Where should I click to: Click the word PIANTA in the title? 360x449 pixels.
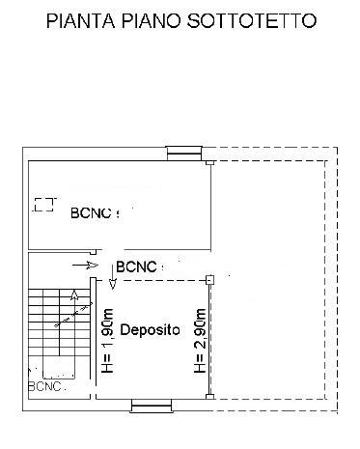click(x=80, y=20)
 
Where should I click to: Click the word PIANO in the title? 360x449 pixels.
click(x=151, y=20)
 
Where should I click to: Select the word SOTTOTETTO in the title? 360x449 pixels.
click(x=252, y=20)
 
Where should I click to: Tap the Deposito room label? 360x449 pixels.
click(x=150, y=330)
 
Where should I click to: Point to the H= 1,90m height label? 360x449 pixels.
click(x=108, y=341)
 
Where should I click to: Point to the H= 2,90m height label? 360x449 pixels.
click(x=200, y=341)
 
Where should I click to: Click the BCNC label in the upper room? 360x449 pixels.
click(x=91, y=213)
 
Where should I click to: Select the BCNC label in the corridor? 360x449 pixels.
click(x=136, y=267)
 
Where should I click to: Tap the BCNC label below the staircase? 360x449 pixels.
click(x=44, y=386)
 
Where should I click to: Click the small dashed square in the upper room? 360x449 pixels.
click(x=44, y=205)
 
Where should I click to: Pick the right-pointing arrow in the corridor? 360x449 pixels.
click(x=85, y=266)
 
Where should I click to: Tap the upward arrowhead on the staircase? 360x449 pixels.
click(x=74, y=295)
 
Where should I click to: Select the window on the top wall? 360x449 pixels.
click(x=184, y=154)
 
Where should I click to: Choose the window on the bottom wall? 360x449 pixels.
click(x=151, y=406)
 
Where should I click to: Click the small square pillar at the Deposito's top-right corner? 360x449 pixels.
click(x=209, y=279)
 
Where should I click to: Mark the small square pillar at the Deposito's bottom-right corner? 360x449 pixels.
click(x=209, y=397)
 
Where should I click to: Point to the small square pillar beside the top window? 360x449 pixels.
click(x=209, y=163)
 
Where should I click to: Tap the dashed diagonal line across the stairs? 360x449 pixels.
click(x=73, y=315)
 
